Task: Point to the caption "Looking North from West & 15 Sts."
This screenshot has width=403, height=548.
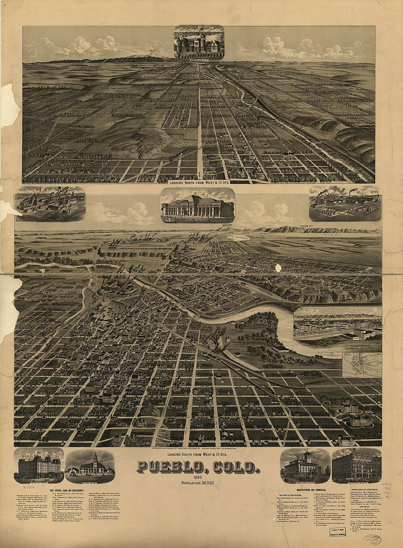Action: coord(199,181)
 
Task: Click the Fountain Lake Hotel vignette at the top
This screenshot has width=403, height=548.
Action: coord(199,42)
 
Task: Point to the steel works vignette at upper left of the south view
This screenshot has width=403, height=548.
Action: coord(50,204)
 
